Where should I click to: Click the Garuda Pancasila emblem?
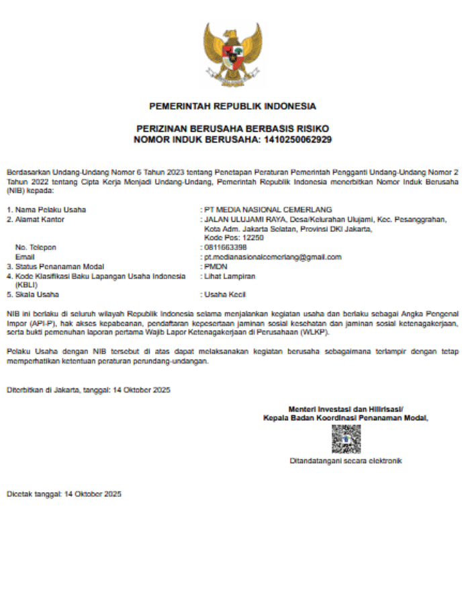[232, 56]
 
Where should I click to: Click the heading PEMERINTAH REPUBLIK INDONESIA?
[232, 106]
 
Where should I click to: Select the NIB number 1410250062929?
[298, 140]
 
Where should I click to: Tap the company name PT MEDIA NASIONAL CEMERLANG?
[268, 210]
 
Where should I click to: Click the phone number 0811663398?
[225, 247]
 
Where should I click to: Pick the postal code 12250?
[249, 238]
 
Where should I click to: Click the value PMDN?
[216, 266]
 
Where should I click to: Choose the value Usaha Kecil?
[228, 294]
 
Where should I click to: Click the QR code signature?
[346, 439]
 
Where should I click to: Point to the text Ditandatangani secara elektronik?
[346, 461]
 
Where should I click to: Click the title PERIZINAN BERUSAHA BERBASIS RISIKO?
[232, 128]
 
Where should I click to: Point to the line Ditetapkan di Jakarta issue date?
[89, 390]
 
